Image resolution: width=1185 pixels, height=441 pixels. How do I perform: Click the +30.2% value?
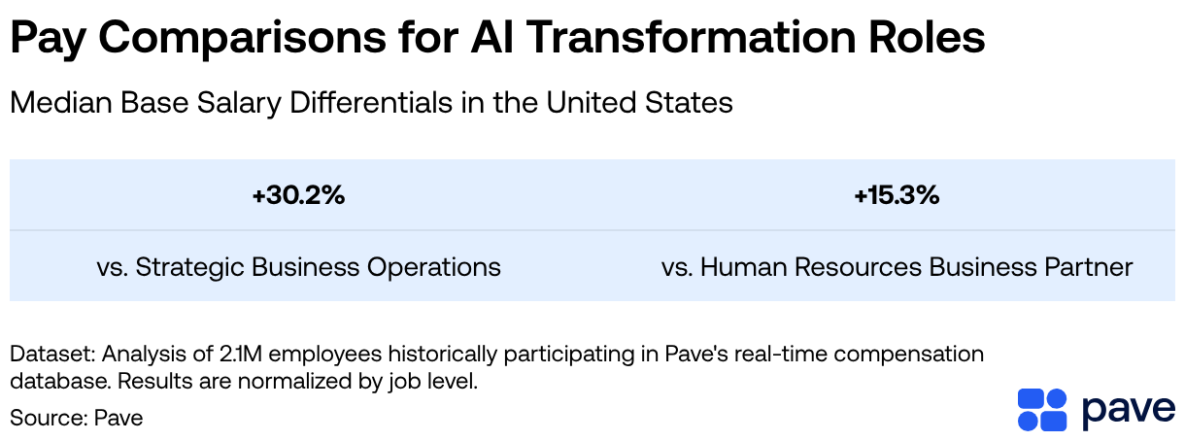coord(299,195)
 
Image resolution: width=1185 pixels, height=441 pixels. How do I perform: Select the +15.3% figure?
coord(897,195)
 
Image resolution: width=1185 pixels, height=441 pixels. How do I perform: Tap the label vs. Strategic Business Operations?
coord(299,267)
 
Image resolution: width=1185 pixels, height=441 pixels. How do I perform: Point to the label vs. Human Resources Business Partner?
coord(897,267)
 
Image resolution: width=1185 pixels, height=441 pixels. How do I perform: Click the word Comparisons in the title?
coord(242,38)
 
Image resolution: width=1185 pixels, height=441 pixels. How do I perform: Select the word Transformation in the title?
coord(691,37)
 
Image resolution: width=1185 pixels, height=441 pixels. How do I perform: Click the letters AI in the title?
coord(492,37)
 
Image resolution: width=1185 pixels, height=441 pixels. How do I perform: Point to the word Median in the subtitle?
coord(62,102)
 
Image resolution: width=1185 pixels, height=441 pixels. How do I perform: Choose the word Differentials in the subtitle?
coord(371,102)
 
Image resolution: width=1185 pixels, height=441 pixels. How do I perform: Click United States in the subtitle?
coord(639,102)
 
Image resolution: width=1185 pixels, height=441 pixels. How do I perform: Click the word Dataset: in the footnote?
coord(52,354)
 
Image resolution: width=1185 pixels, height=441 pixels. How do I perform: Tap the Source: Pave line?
coord(76,418)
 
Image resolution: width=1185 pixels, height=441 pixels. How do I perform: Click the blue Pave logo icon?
coord(1042,409)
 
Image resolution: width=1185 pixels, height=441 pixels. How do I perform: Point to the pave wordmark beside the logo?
coord(1129,412)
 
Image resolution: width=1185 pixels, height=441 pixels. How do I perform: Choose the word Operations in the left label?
coord(434,267)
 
